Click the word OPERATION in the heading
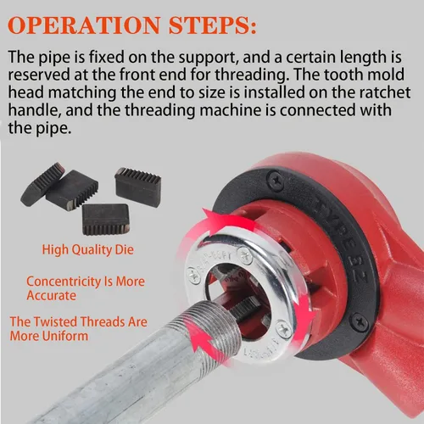point(84,25)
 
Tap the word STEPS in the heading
point(212,25)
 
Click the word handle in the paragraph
point(35,110)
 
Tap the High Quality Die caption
point(87,250)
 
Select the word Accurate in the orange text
point(52,296)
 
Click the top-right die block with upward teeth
point(137,187)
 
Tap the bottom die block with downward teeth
point(106,220)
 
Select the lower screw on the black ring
point(360,321)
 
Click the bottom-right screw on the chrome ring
point(283,330)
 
